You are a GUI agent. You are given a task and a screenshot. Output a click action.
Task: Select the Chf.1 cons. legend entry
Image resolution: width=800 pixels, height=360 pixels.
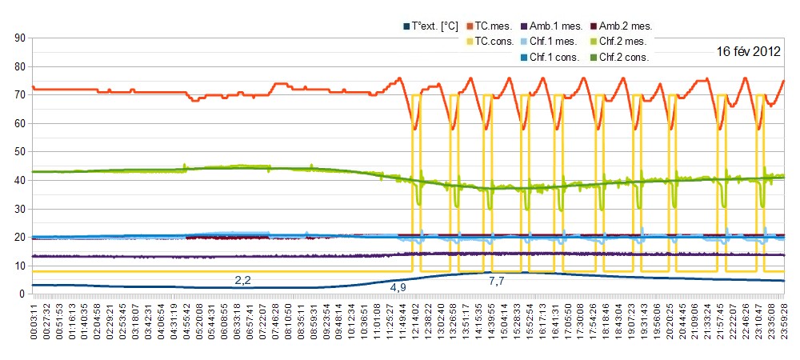click(x=555, y=57)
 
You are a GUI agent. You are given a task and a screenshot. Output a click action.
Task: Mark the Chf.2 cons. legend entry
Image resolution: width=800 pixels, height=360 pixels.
click(x=625, y=57)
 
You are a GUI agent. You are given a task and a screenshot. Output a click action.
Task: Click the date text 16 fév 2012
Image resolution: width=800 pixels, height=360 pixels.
click(x=748, y=52)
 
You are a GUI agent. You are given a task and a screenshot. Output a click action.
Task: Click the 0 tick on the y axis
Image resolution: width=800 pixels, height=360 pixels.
click(x=22, y=294)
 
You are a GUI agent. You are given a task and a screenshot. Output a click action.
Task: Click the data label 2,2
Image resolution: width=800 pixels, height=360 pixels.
click(x=242, y=280)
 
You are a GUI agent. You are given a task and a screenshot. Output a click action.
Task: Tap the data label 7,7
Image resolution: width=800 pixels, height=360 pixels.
click(x=496, y=281)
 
